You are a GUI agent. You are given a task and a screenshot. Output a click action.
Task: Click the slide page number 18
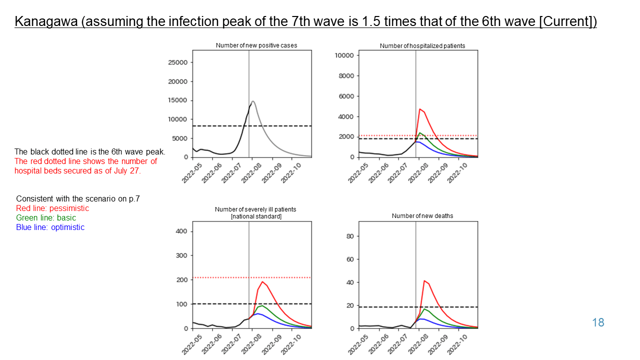(598, 322)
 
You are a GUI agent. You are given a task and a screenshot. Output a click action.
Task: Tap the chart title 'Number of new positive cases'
(256, 45)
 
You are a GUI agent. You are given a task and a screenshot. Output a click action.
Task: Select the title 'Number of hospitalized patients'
(422, 46)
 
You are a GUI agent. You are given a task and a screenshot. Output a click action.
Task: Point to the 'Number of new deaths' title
(422, 216)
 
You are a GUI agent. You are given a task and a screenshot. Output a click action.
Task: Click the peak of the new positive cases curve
(253, 101)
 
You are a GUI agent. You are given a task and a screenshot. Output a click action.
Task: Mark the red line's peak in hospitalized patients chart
(420, 109)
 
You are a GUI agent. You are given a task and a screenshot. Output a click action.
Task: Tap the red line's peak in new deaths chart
(424, 280)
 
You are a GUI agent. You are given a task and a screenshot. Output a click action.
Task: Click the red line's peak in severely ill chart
(262, 282)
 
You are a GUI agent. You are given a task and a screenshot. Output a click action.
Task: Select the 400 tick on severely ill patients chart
(181, 231)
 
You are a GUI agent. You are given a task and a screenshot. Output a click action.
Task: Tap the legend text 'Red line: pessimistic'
(52, 208)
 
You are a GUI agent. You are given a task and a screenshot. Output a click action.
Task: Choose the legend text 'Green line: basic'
(46, 217)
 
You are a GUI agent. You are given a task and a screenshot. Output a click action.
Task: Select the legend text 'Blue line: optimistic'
(50, 227)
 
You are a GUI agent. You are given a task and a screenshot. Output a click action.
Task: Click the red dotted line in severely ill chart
(280, 277)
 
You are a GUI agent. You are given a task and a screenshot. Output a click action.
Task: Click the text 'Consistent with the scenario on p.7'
(78, 198)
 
